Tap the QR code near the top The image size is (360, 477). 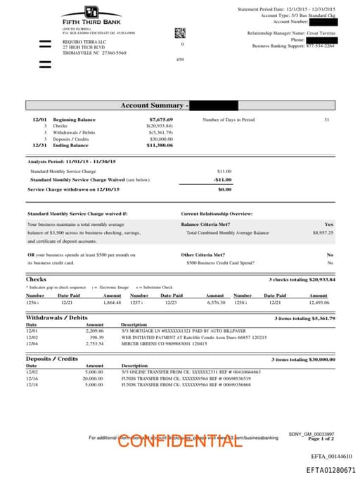[180, 32]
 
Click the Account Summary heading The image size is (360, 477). [152, 106]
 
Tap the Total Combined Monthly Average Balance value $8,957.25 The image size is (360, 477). [322, 232]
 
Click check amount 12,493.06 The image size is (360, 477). [318, 303]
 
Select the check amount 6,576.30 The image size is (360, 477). [215, 303]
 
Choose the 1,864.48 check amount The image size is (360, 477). [112, 303]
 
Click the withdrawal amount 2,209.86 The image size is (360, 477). [94, 330]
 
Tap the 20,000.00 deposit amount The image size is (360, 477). [93, 379]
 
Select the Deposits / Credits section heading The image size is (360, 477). [52, 360]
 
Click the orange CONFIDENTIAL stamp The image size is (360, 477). [175, 441]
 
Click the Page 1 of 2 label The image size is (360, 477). [321, 439]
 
